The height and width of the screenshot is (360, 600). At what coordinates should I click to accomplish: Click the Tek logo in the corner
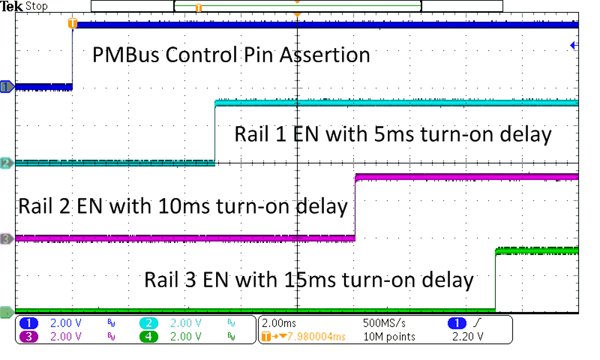tap(13, 6)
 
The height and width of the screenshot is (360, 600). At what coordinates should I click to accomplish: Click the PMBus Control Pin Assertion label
tap(231, 55)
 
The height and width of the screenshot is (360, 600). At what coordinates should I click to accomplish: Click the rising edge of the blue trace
tap(72, 56)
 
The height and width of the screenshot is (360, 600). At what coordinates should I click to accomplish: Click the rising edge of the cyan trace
tap(215, 132)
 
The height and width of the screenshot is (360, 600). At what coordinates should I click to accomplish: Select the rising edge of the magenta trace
tap(354, 208)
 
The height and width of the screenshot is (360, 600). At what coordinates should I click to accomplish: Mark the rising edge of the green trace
tap(495, 279)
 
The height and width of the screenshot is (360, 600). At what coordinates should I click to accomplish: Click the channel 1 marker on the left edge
tap(7, 87)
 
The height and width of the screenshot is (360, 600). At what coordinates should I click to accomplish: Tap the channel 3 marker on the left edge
tap(7, 238)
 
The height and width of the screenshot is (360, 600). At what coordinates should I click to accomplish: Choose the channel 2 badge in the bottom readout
tap(148, 322)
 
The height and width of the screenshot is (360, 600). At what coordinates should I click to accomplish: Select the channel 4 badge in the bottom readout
tap(148, 337)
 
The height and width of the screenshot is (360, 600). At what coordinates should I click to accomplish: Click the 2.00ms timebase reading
tap(283, 322)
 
